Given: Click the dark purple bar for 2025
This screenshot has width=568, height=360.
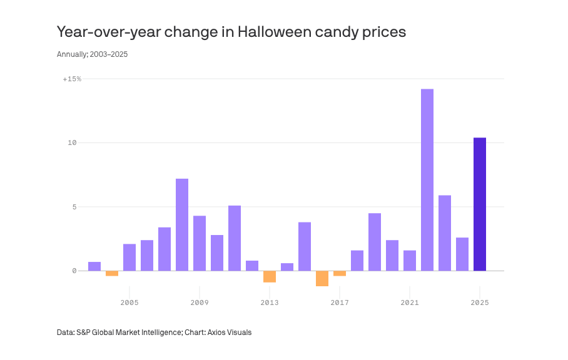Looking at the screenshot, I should [x=480, y=204].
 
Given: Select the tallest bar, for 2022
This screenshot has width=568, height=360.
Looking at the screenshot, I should [x=427, y=180].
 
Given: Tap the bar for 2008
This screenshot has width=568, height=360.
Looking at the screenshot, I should [x=182, y=225].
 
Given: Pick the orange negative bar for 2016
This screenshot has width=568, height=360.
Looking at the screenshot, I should [x=322, y=278].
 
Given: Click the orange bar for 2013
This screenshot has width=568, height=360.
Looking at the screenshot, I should [x=270, y=276].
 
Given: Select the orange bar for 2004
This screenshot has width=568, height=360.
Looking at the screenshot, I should [x=112, y=273].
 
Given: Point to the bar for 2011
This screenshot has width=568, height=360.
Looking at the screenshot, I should [x=235, y=238].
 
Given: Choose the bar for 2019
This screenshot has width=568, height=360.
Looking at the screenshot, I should [x=375, y=242].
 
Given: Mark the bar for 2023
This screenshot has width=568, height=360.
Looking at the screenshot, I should [x=445, y=233].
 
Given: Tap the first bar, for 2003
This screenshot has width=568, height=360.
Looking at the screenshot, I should [x=94, y=266].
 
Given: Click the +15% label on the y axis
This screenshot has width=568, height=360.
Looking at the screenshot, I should [x=72, y=79].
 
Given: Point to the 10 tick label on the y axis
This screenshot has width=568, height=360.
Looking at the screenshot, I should [x=72, y=143].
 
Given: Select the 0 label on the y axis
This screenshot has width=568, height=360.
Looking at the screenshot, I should [x=74, y=271].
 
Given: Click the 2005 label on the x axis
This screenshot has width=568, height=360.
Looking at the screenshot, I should [x=129, y=302].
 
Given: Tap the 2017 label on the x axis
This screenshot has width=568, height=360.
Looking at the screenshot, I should [x=340, y=302].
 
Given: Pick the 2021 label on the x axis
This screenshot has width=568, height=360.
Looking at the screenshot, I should [x=410, y=302].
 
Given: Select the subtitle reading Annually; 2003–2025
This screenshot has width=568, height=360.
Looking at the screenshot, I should [x=92, y=54].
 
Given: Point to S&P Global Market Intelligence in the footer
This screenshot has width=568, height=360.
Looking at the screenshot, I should [x=129, y=332].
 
